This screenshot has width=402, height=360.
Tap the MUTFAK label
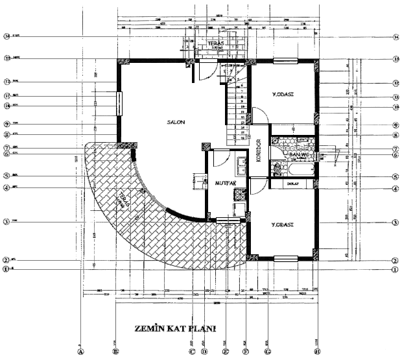pos(224,184)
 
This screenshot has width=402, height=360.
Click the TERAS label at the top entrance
pos(215,44)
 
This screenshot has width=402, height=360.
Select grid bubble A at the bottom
pos(80,352)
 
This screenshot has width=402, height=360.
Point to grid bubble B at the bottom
pos(116,352)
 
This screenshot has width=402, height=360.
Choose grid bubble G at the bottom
pos(267,352)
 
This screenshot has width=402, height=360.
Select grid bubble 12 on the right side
pos(396,83)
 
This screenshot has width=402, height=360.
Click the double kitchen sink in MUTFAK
pos(241,165)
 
